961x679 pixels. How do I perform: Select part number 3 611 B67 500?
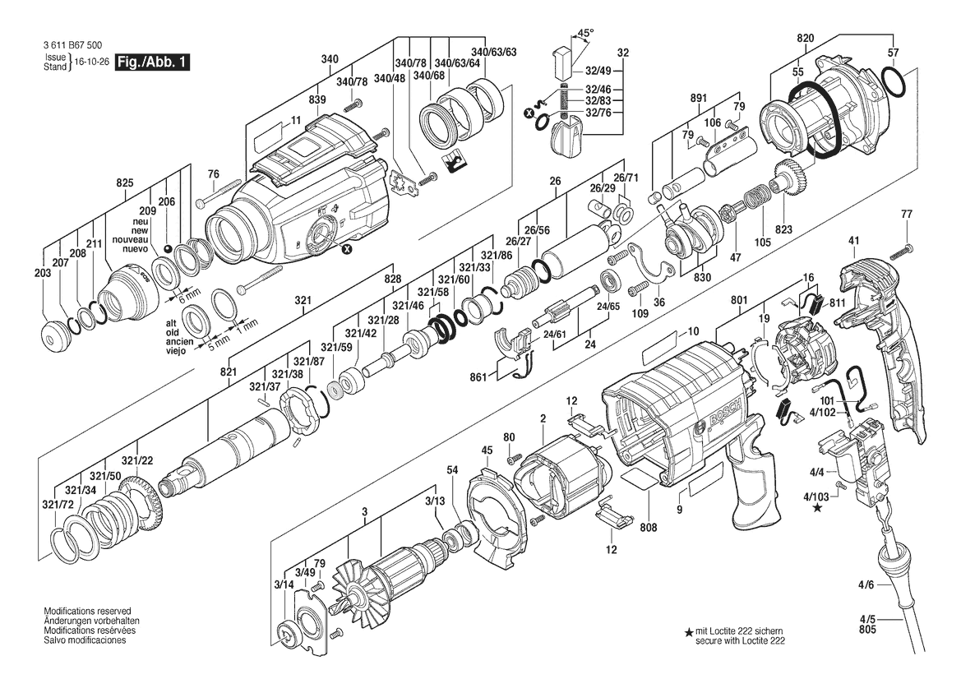(73, 45)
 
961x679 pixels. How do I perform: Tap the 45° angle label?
(586, 33)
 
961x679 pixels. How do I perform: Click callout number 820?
(806, 38)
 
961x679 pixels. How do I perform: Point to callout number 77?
(907, 214)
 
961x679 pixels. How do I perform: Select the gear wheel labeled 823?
(792, 178)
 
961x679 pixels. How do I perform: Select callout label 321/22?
(136, 460)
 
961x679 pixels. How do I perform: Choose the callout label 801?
(739, 300)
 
